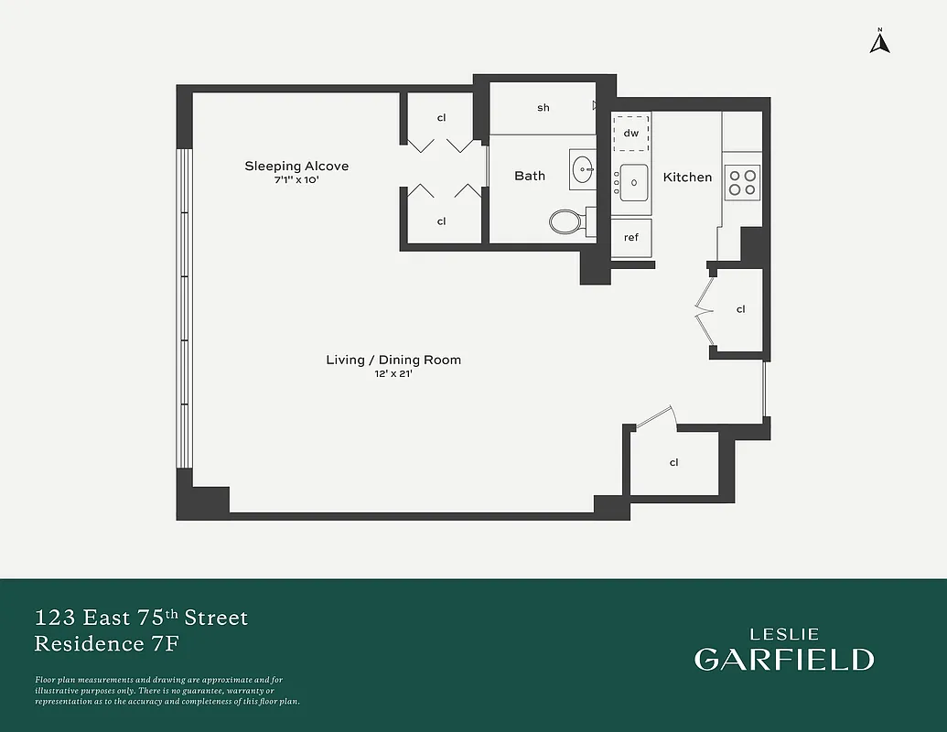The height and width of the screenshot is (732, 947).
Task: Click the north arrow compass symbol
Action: pyautogui.click(x=880, y=42)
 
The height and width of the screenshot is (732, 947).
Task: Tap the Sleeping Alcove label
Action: pyautogui.click(x=296, y=166)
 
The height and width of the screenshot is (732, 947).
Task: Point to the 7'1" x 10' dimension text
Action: pyautogui.click(x=296, y=180)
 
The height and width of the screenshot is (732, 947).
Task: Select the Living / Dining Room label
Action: pyautogui.click(x=393, y=360)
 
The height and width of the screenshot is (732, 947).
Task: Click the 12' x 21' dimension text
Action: pyautogui.click(x=393, y=374)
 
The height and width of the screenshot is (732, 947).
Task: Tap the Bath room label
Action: pyautogui.click(x=530, y=176)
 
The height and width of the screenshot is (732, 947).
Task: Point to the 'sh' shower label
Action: pyautogui.click(x=543, y=108)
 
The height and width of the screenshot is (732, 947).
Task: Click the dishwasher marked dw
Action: pyautogui.click(x=630, y=134)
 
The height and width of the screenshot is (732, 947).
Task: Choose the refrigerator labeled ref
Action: pyautogui.click(x=631, y=237)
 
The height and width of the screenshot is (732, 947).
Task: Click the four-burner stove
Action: pyautogui.click(x=742, y=182)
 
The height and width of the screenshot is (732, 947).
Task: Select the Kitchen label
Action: pyautogui.click(x=687, y=177)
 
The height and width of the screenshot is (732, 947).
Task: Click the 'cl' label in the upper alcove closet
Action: pyautogui.click(x=441, y=118)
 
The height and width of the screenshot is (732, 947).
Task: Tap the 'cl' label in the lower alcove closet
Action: pyautogui.click(x=441, y=221)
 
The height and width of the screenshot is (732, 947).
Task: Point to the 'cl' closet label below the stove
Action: pyautogui.click(x=741, y=309)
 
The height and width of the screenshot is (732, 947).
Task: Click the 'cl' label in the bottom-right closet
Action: pyautogui.click(x=674, y=462)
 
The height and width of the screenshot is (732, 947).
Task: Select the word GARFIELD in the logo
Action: pyautogui.click(x=783, y=659)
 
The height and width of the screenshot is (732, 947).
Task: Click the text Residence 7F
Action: pyautogui.click(x=106, y=643)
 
